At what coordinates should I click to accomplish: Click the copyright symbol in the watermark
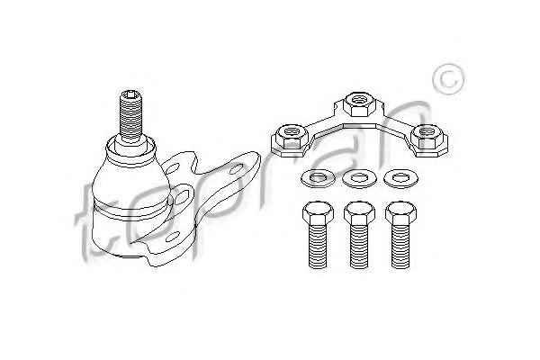448,79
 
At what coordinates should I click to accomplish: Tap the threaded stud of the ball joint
130,116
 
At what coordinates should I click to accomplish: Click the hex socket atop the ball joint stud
130,94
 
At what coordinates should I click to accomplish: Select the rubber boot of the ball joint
131,183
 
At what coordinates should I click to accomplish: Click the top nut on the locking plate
358,103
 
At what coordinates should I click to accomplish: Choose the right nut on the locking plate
427,137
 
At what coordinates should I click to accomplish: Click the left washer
318,178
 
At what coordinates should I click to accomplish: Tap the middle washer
359,178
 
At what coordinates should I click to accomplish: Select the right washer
401,178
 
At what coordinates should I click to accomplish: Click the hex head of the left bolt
318,212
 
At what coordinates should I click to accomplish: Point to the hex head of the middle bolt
359,212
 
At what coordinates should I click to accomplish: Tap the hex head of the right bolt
400,212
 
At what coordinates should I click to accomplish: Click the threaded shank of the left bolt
318,246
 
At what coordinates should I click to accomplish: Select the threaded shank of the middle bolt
359,246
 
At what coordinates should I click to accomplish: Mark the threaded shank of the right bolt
400,246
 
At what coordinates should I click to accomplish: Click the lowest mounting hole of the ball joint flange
173,237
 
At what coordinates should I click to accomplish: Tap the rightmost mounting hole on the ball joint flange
236,169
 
